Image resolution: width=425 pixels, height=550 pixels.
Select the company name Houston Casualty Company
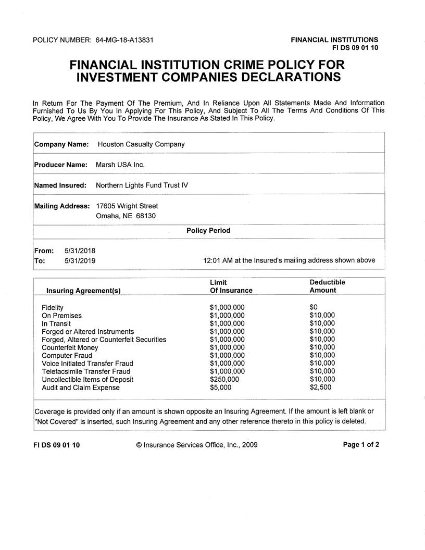141,144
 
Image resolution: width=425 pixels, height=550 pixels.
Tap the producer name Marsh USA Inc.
120,165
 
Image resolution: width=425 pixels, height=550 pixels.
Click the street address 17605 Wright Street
127,206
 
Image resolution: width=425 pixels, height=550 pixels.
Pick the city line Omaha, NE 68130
126,216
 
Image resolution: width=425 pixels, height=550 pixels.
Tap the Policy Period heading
208,230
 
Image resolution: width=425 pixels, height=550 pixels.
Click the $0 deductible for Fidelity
314,307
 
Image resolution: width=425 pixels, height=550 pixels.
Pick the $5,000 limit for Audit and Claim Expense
220,387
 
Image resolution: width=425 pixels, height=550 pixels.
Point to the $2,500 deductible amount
320,387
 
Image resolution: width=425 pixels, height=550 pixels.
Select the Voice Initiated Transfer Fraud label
87,364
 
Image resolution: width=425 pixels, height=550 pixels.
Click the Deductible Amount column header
327,286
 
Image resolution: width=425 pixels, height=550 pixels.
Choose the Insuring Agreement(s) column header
83,291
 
